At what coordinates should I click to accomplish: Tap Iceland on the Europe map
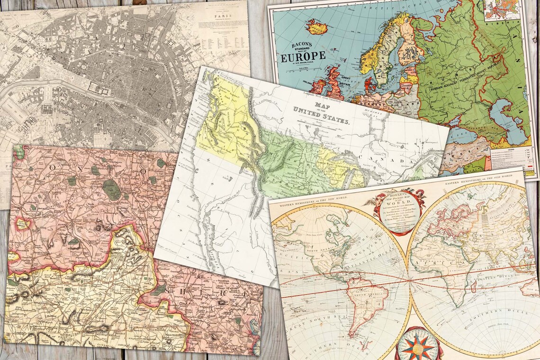316,27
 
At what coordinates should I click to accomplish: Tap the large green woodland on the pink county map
112,189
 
